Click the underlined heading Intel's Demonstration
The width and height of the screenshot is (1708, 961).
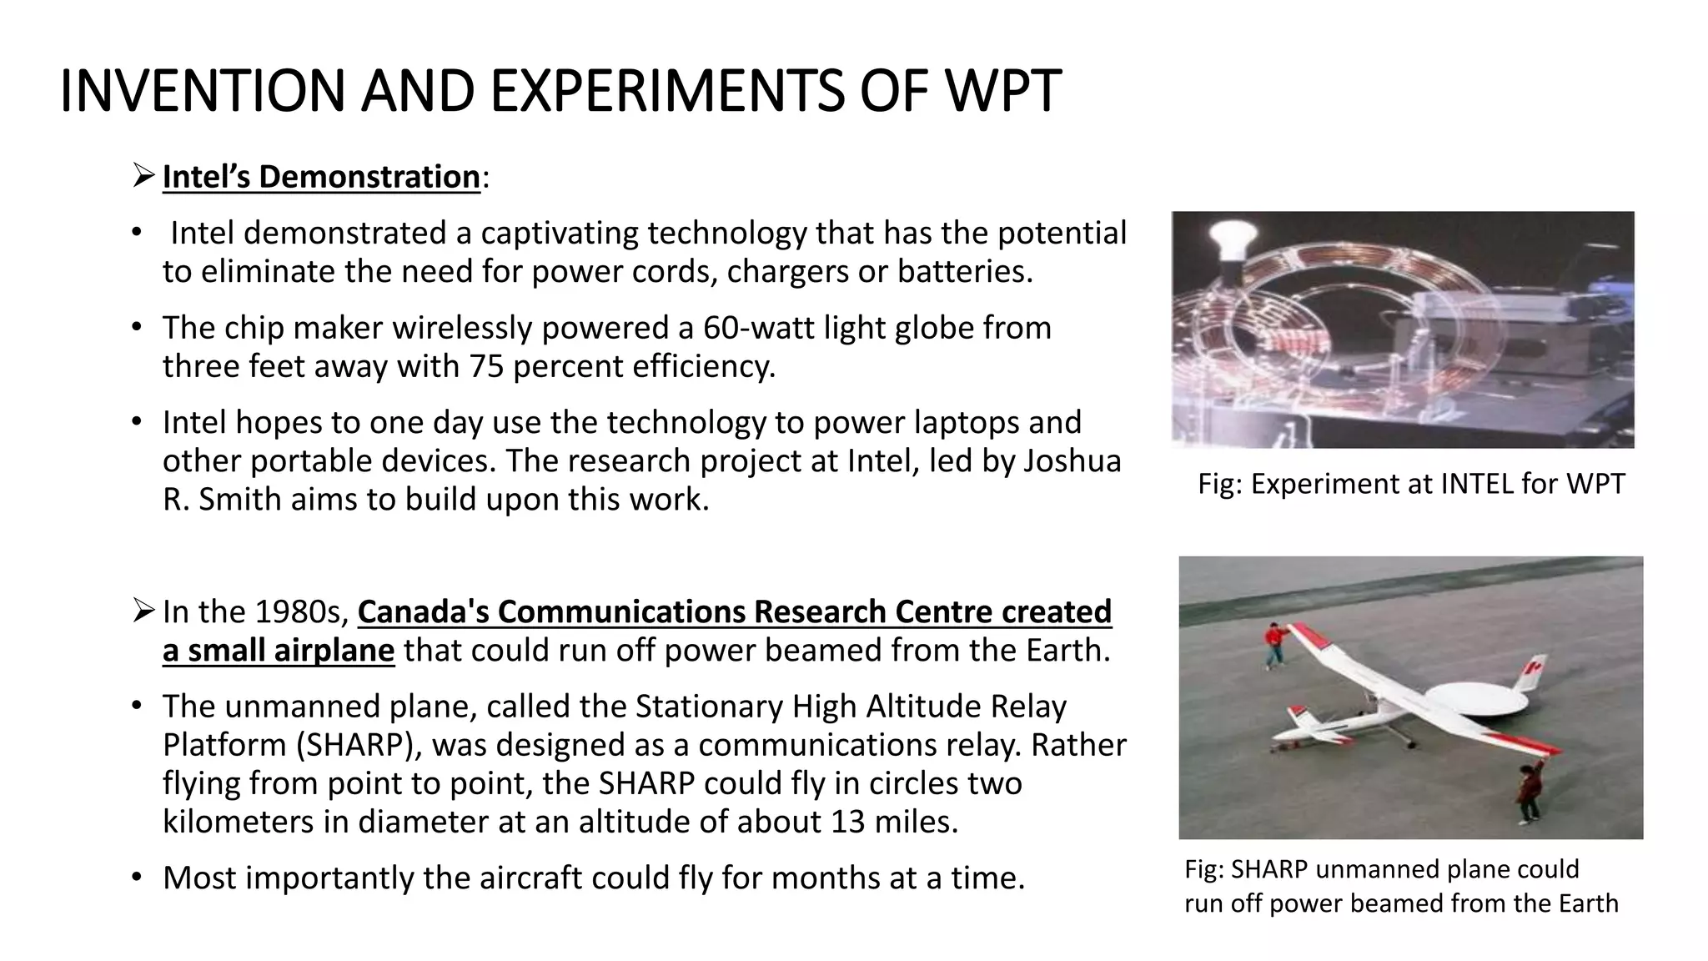click(x=321, y=177)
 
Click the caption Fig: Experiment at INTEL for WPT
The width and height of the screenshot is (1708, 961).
click(x=1411, y=484)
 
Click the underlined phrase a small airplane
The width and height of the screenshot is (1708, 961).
click(x=278, y=650)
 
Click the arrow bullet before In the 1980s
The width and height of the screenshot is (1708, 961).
click(x=143, y=611)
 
